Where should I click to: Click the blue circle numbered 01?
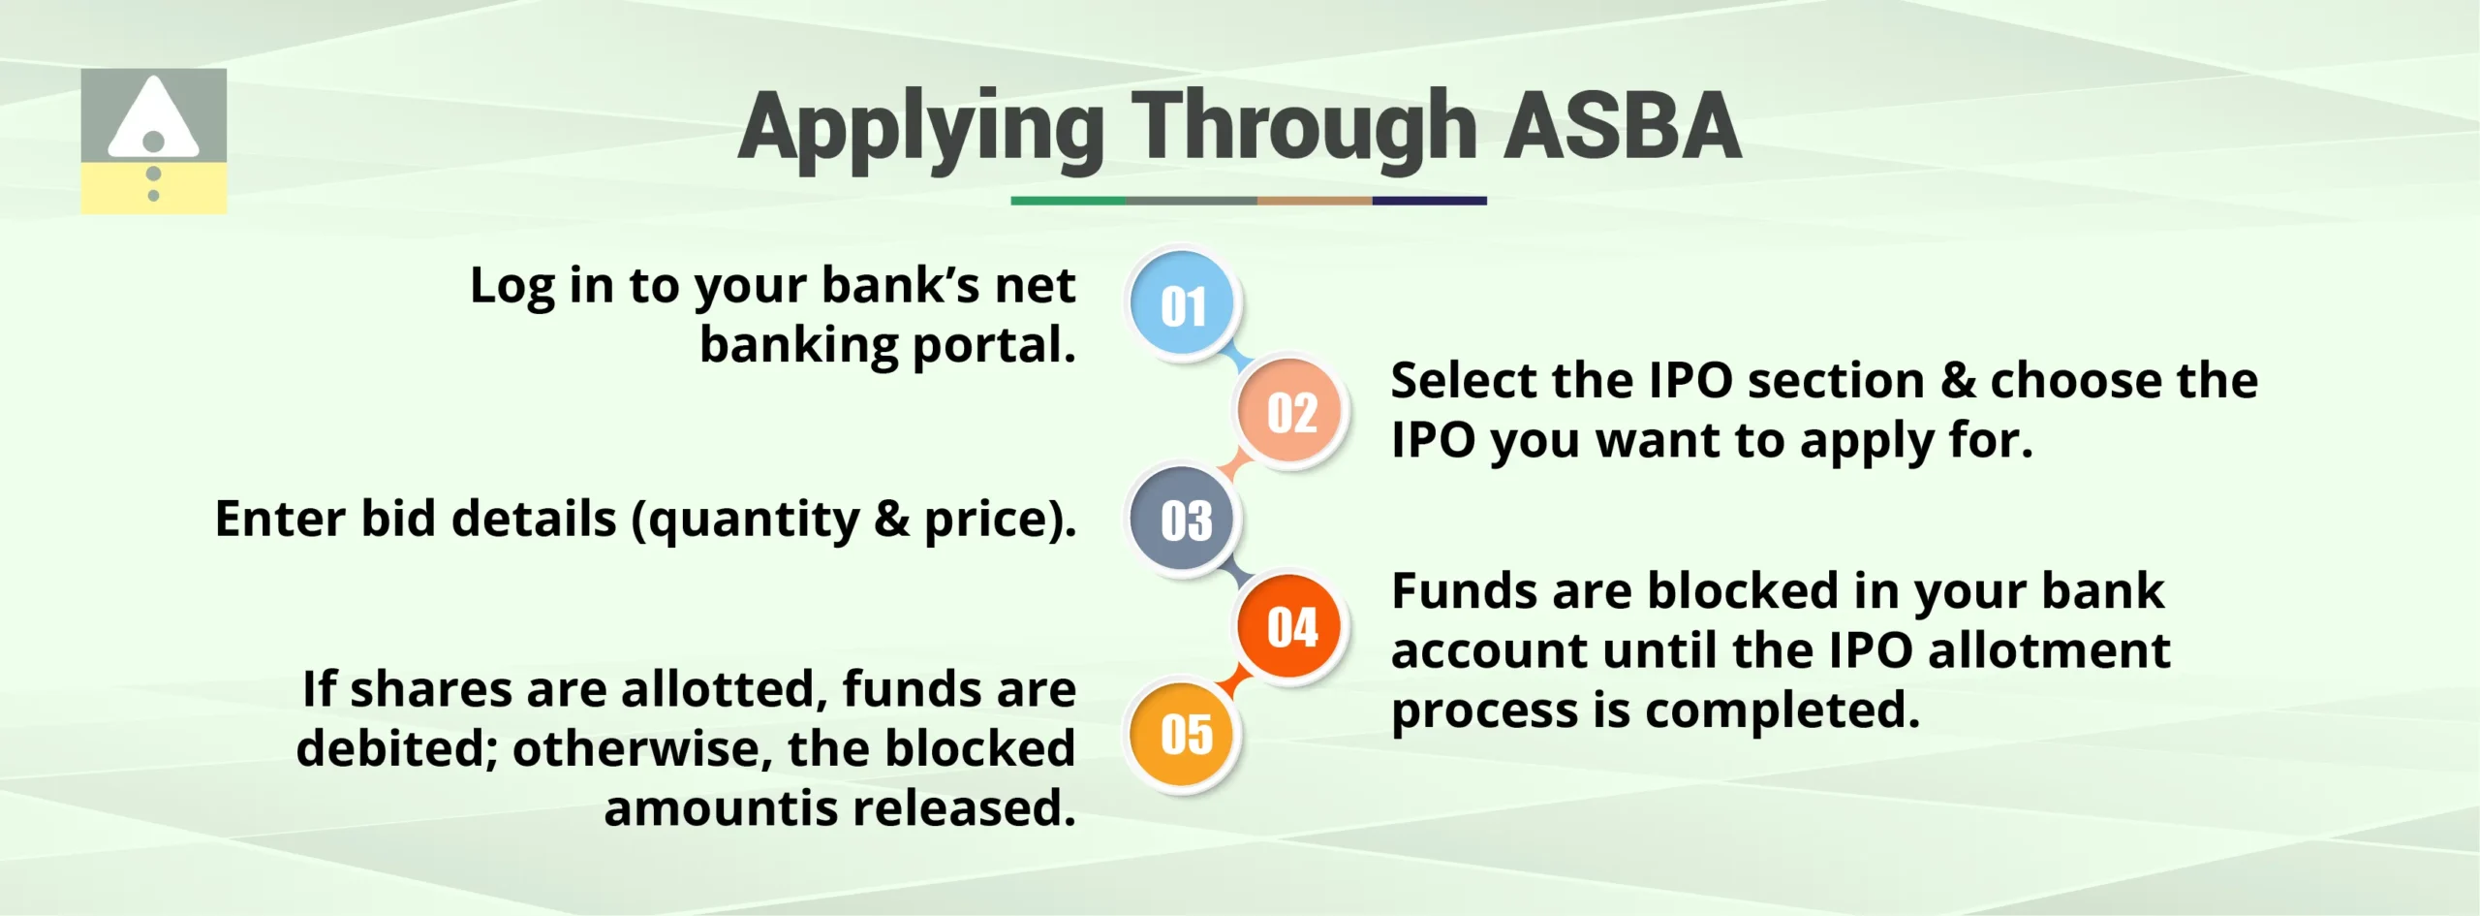(x=1183, y=305)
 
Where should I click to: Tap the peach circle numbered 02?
(x=1291, y=412)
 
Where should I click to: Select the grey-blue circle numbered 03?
(x=1185, y=520)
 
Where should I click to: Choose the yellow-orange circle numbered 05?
(x=1185, y=734)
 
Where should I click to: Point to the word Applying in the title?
(x=920, y=128)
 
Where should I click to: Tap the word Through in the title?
(x=1303, y=128)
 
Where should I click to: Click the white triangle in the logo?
(x=153, y=118)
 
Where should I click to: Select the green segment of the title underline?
(x=1068, y=201)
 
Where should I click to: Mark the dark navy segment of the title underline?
(x=1429, y=201)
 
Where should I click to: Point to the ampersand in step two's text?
(x=1958, y=380)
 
